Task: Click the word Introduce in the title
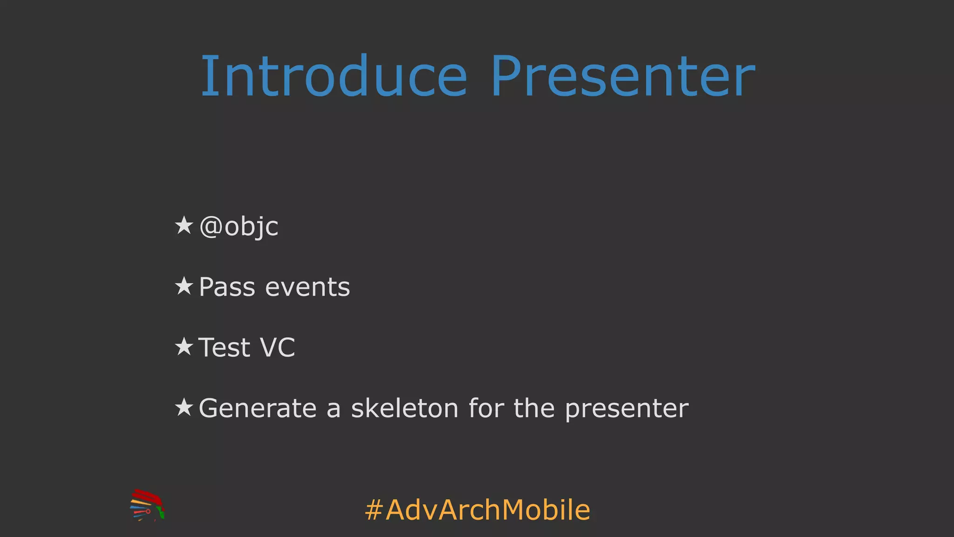point(334,76)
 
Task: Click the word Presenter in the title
point(622,76)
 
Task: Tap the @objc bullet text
point(238,227)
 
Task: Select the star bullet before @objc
point(184,225)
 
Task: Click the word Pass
point(227,287)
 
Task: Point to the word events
point(307,287)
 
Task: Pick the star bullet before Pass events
point(184,286)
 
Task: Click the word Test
point(224,348)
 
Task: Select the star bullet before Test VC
point(184,346)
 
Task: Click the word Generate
point(258,408)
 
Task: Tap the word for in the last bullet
point(486,408)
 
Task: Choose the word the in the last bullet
point(534,408)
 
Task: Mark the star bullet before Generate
point(184,407)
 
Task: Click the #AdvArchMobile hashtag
point(478,509)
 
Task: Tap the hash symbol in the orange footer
point(374,510)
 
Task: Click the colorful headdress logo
point(147,505)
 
